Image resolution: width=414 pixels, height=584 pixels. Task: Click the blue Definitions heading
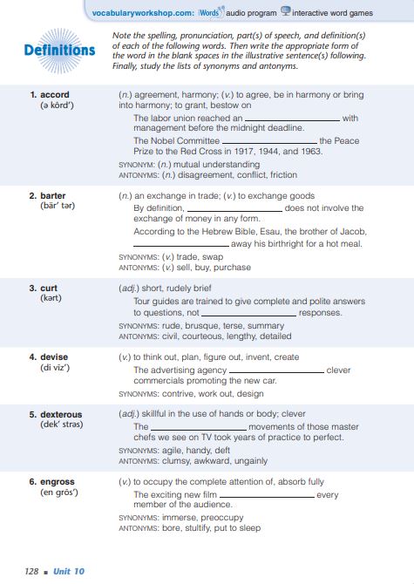click(x=60, y=50)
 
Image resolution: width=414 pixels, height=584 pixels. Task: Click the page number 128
click(x=31, y=571)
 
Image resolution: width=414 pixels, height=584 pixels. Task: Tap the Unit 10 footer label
click(x=68, y=571)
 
